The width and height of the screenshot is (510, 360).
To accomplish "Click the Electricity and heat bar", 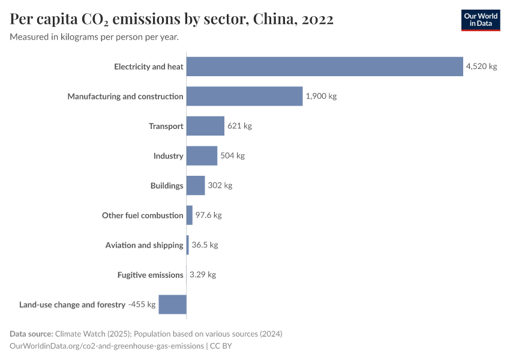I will (324, 67).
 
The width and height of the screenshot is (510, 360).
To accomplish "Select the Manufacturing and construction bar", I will (244, 96).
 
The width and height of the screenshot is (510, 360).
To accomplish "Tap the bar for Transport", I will (205, 126).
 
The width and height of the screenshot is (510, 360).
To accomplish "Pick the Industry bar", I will (202, 155).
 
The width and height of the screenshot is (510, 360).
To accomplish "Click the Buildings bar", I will (196, 185).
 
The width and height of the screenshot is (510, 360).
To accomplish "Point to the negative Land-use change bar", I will (173, 304).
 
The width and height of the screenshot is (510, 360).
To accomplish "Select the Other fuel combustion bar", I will (190, 215).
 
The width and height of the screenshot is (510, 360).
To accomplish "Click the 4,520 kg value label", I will (481, 67).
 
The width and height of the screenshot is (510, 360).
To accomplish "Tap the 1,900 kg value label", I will (321, 96).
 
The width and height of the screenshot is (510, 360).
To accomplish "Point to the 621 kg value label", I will (239, 126).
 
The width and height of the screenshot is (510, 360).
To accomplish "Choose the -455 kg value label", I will (142, 304).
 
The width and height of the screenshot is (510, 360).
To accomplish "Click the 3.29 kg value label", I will (203, 275).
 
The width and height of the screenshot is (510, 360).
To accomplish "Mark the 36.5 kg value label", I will (205, 245).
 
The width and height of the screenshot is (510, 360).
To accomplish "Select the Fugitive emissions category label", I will (150, 275).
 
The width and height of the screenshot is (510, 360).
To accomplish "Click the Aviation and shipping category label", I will (144, 245).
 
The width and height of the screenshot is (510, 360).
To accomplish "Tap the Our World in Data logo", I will (480, 20).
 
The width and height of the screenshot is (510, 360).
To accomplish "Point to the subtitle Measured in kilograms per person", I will (94, 37).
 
